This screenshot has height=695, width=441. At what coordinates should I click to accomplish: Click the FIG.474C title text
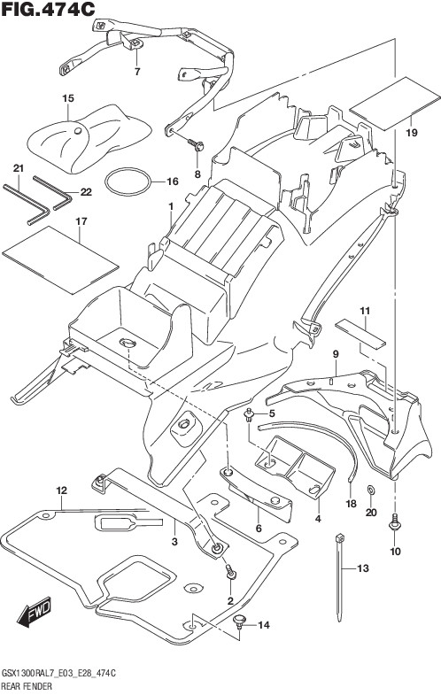point(48,9)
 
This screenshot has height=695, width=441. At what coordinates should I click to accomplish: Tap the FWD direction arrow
point(35,614)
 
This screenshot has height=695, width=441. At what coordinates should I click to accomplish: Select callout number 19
point(412,132)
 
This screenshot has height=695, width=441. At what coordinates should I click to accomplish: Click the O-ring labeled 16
point(128,181)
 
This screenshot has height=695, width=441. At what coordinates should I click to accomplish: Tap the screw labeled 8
point(196,144)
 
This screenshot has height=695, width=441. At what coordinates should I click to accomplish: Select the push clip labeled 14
point(240,621)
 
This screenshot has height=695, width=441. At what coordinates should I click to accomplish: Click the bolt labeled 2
point(230,571)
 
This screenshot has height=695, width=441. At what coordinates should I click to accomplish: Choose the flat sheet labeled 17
point(60,259)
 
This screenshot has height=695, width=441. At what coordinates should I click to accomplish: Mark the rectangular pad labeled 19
point(394,104)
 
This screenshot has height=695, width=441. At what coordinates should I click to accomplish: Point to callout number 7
point(137,72)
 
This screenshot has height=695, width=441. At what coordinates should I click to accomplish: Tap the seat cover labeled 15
point(89,139)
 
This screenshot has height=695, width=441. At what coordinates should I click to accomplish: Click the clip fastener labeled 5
point(249,415)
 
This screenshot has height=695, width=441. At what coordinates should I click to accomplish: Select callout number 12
point(62,490)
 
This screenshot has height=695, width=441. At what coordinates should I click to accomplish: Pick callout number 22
point(86,192)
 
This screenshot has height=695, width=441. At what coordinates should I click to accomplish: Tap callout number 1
point(171,206)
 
